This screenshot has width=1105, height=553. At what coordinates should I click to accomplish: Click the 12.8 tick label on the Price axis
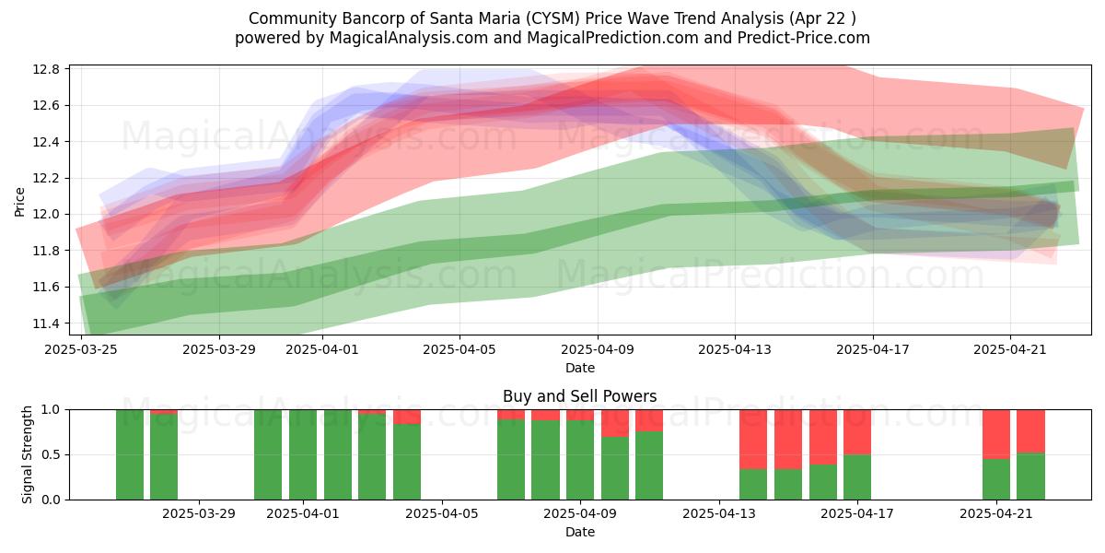(x=46, y=69)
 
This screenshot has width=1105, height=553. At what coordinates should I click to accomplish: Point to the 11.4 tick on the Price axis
(x=46, y=324)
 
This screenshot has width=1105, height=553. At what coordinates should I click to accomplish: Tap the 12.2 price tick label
(x=46, y=178)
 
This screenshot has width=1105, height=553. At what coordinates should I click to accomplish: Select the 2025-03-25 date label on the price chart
(x=81, y=349)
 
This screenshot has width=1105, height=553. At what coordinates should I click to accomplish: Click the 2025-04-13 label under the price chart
(x=735, y=349)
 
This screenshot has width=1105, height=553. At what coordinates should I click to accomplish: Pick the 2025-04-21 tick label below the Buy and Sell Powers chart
(x=996, y=514)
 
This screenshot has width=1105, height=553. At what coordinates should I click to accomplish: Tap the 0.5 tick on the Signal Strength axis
(x=52, y=454)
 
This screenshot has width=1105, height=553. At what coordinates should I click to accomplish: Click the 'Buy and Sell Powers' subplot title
(x=579, y=396)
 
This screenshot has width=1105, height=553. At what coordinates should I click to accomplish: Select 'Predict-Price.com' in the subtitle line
(x=804, y=38)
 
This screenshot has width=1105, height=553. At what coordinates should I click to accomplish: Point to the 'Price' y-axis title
(x=19, y=202)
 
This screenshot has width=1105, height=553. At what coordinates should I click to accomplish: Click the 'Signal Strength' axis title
(x=27, y=454)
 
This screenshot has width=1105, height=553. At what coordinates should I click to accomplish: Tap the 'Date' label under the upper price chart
(x=579, y=368)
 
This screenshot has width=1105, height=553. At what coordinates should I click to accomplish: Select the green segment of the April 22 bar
(x=1030, y=477)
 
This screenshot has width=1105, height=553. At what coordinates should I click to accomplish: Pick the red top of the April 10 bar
(x=615, y=423)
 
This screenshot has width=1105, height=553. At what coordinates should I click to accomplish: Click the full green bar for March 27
(x=130, y=454)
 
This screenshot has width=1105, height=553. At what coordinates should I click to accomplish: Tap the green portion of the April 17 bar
(x=857, y=477)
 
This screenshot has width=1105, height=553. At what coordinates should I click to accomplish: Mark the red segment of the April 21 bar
(x=996, y=434)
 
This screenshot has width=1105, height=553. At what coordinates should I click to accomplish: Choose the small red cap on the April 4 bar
(x=407, y=417)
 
